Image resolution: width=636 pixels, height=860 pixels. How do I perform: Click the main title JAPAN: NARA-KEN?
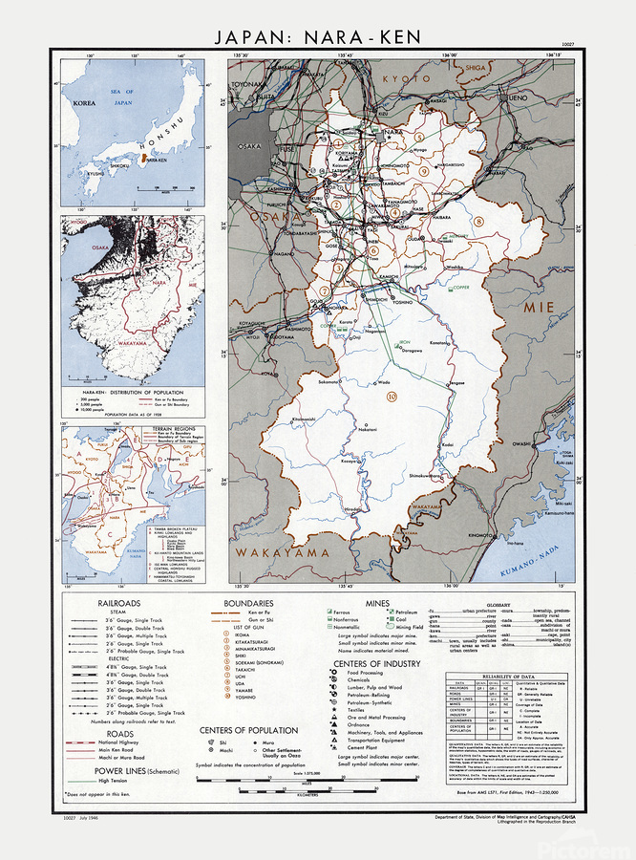tap(318, 38)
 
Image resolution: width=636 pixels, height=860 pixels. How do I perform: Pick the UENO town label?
tap(518, 98)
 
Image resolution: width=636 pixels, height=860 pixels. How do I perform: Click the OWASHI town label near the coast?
tap(521, 443)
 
